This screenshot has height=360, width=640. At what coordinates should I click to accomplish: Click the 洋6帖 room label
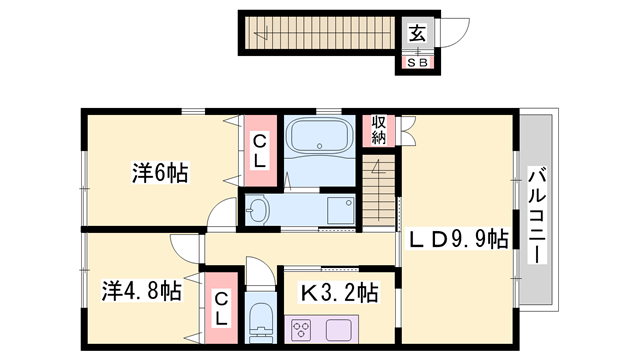[x=159, y=172]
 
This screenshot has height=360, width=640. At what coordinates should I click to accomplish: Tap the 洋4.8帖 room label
[x=140, y=292]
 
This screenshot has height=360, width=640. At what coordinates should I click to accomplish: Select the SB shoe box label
[x=419, y=62]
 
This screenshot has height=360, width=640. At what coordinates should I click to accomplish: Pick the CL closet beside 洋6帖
[x=258, y=151]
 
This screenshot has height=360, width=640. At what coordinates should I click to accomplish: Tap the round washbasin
[x=259, y=211]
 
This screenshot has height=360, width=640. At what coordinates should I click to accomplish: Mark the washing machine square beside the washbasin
[x=341, y=211]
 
